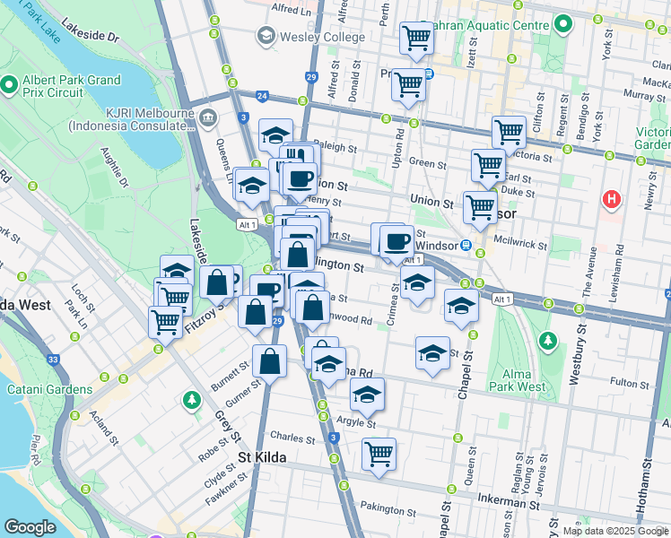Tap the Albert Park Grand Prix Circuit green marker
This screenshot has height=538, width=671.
point(10,85)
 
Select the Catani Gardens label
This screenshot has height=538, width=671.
point(49,389)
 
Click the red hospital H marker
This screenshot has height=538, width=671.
point(612,198)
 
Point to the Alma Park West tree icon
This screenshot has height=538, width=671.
point(546,342)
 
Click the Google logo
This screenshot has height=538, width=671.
point(30,527)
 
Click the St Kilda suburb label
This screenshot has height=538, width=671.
point(263,457)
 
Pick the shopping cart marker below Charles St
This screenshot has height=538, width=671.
point(379,453)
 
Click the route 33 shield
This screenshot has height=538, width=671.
point(55,360)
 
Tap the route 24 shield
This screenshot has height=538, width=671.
point(262,95)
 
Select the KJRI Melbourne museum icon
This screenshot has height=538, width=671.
point(208,117)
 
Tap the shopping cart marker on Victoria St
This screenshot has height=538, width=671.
point(509,132)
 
